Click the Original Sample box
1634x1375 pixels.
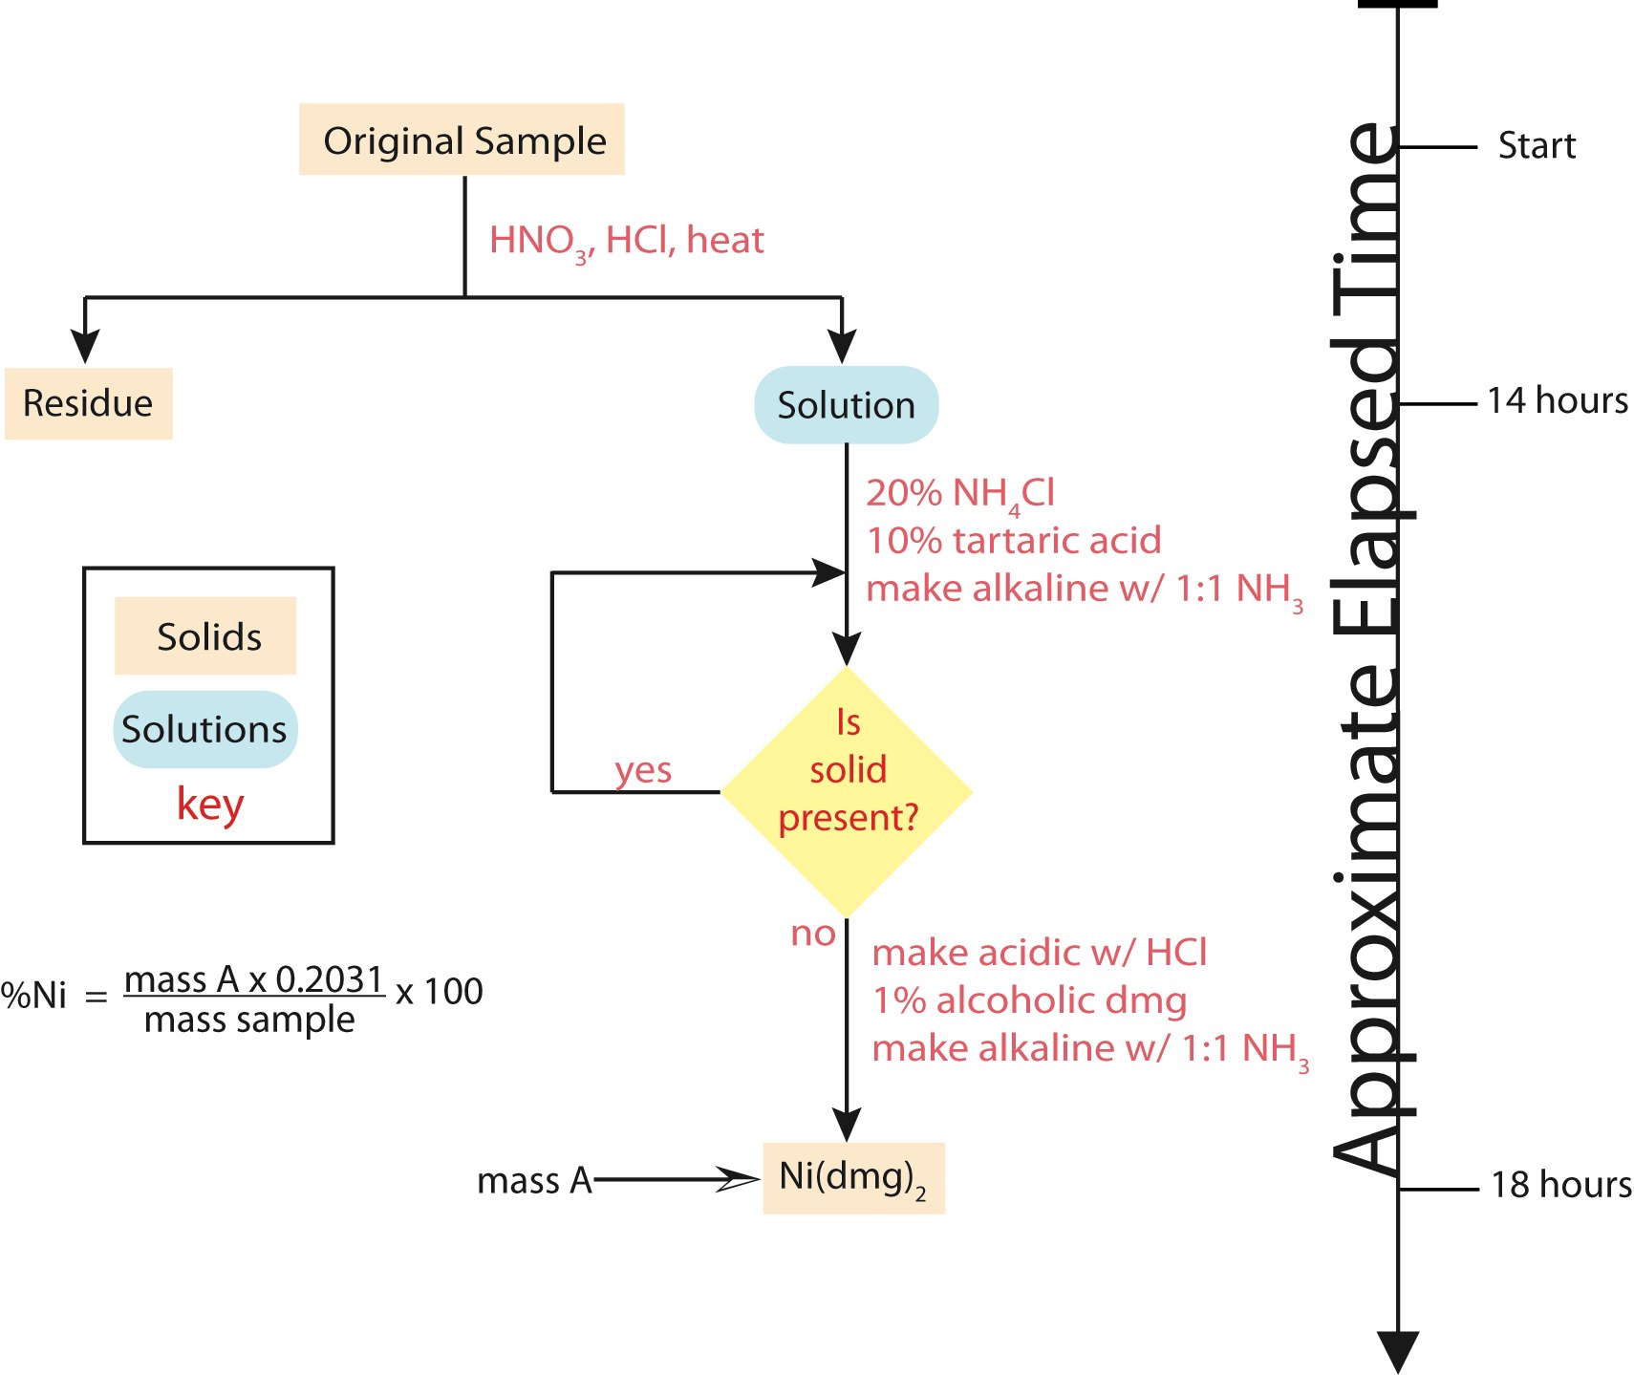(462, 140)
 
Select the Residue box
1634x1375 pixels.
(88, 403)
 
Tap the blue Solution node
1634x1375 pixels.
(846, 405)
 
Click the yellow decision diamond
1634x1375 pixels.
(847, 791)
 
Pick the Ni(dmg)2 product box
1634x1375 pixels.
(853, 1178)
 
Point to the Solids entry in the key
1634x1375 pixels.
(206, 636)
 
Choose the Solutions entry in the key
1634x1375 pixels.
(204, 729)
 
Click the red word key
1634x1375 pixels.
(210, 804)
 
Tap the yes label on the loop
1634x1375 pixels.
(643, 770)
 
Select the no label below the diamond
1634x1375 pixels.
(813, 934)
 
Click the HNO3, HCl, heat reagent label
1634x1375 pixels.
(626, 241)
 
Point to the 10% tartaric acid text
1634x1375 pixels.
(1014, 541)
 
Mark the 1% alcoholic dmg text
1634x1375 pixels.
(1029, 1000)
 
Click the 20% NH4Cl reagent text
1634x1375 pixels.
(960, 494)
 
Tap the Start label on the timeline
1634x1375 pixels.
(1537, 146)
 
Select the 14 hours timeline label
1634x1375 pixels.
(1558, 400)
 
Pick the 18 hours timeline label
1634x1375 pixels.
(1561, 1185)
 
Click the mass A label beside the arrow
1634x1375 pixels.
(534, 1181)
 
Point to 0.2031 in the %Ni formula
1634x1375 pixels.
(329, 979)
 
